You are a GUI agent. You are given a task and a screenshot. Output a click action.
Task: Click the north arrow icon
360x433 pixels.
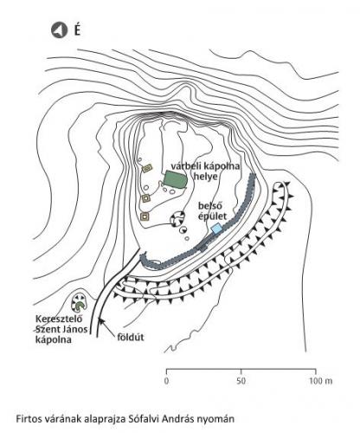pos(59,30)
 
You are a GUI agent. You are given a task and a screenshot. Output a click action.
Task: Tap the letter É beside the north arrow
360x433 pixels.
pos(77,30)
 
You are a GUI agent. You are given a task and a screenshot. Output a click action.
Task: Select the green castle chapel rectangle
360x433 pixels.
pos(176,180)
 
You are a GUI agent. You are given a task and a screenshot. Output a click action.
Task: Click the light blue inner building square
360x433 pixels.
pos(216,229)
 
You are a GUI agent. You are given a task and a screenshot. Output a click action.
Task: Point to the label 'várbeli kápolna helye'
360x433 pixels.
pos(205,171)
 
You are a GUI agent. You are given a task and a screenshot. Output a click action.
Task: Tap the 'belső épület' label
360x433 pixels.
pos(212,210)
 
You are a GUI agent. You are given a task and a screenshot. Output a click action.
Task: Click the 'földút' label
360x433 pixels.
pos(131,337)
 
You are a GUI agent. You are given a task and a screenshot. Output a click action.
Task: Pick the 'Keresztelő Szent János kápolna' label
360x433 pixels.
pos(61,329)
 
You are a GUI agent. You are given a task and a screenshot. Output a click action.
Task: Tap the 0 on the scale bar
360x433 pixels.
pos(167,381)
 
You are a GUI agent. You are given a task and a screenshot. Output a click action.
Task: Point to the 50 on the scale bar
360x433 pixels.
pos(241,381)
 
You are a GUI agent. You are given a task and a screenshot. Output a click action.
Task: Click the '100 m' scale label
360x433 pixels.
pos(321,381)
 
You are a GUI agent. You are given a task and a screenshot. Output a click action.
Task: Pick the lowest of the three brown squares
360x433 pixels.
pos(145,216)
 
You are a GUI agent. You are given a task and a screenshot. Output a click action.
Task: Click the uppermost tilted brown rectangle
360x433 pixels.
pos(147,168)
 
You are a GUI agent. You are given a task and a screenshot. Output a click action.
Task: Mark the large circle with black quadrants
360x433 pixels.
pos(177,219)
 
